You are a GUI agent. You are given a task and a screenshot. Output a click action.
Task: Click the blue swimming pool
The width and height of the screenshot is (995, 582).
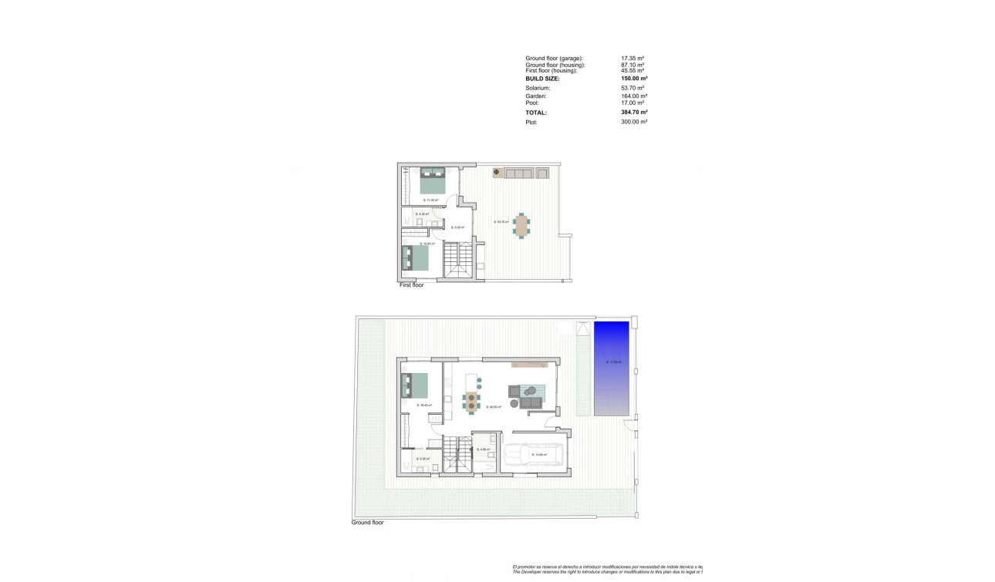[x=611, y=368]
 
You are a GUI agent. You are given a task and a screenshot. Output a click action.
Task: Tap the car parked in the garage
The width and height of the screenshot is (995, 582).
[x=535, y=456]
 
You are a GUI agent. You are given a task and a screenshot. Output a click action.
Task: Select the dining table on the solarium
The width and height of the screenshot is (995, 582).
[x=522, y=225]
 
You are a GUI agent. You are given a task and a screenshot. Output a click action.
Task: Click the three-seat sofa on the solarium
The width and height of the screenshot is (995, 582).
[x=520, y=173]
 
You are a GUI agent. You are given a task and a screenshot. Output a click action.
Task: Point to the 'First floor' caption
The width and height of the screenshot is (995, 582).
[x=411, y=285]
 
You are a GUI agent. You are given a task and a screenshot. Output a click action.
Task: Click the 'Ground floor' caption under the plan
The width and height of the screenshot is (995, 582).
[x=367, y=522]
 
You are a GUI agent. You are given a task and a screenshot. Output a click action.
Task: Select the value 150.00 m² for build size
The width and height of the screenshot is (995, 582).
[x=634, y=79]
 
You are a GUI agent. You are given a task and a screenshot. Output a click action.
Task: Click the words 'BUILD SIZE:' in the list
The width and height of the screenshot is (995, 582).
[x=542, y=79]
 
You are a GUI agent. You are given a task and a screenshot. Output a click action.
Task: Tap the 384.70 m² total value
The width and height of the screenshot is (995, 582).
[x=634, y=113]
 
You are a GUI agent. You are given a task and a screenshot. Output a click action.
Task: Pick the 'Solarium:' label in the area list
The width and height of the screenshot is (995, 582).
[x=538, y=89]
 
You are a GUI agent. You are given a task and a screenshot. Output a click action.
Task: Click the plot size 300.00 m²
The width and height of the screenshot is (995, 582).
[x=634, y=122]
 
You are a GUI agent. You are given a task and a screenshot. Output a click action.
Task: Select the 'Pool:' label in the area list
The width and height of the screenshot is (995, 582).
[x=532, y=103]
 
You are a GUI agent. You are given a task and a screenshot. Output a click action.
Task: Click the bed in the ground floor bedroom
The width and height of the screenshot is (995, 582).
[x=415, y=384]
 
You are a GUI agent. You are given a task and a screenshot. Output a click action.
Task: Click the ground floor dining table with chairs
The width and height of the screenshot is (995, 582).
[x=471, y=401]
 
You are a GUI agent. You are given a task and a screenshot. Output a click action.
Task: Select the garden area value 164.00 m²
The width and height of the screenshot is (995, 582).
[x=633, y=96]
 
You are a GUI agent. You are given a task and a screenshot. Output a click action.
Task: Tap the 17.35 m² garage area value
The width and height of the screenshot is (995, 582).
[x=632, y=59]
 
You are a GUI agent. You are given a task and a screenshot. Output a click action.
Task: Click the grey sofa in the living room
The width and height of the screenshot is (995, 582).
[x=530, y=402]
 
